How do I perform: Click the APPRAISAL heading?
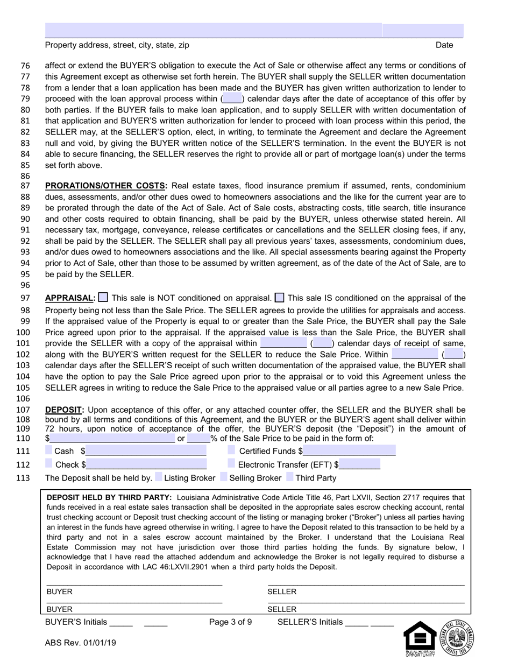click(x=70, y=298)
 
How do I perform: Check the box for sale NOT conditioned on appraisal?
click(x=103, y=298)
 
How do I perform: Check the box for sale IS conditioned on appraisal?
click(x=280, y=298)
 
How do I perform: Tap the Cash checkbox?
click(x=49, y=450)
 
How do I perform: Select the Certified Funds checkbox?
click(x=231, y=450)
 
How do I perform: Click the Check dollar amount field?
click(x=146, y=464)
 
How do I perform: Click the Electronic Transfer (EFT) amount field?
click(x=360, y=464)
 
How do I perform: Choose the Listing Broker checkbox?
click(x=159, y=477)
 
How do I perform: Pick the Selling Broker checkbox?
click(x=224, y=477)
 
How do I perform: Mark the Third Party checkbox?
click(x=290, y=477)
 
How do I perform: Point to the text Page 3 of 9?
click(x=230, y=622)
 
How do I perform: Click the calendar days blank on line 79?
click(x=232, y=99)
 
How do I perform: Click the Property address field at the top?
click(x=213, y=30)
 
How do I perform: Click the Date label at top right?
click(x=444, y=45)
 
